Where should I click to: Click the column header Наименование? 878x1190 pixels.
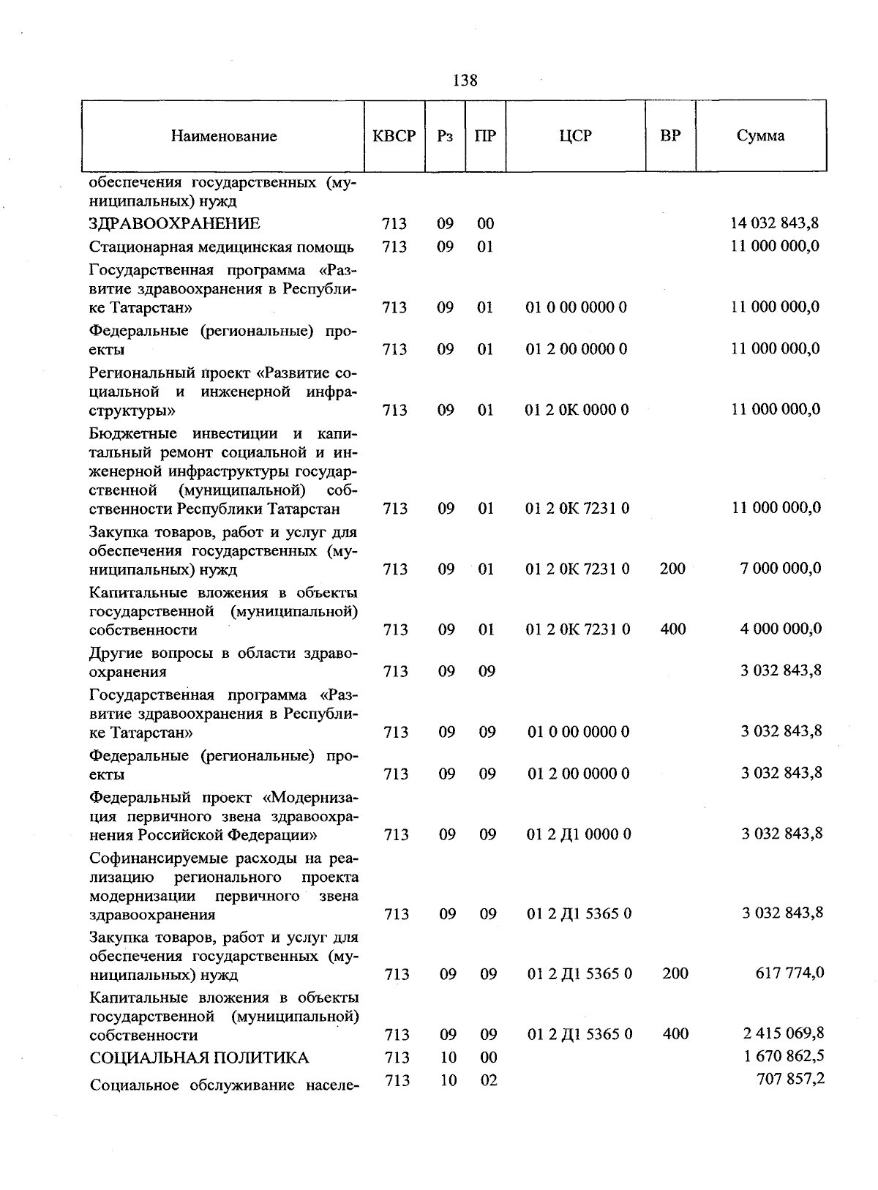(224, 136)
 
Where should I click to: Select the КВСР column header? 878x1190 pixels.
(394, 136)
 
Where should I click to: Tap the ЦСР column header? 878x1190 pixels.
(575, 136)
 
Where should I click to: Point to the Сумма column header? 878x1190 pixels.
(760, 136)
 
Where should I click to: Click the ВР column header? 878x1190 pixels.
(669, 136)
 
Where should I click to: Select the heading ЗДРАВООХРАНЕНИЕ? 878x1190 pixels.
(175, 224)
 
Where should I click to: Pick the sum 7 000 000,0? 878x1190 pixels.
(780, 569)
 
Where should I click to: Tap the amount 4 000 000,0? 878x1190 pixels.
(780, 629)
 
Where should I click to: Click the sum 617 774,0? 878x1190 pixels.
(789, 973)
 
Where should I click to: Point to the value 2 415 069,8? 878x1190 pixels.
(782, 1033)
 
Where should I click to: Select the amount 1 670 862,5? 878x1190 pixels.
(782, 1057)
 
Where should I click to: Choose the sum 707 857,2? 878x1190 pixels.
(789, 1079)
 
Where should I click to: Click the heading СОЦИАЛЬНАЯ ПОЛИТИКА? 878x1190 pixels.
(198, 1058)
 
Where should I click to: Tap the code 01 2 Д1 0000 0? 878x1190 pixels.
(579, 834)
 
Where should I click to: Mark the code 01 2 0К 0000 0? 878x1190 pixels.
(577, 410)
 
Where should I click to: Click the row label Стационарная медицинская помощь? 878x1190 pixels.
(222, 247)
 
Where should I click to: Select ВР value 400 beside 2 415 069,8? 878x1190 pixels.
(675, 1034)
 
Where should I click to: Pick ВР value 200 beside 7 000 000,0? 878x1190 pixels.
(672, 569)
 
